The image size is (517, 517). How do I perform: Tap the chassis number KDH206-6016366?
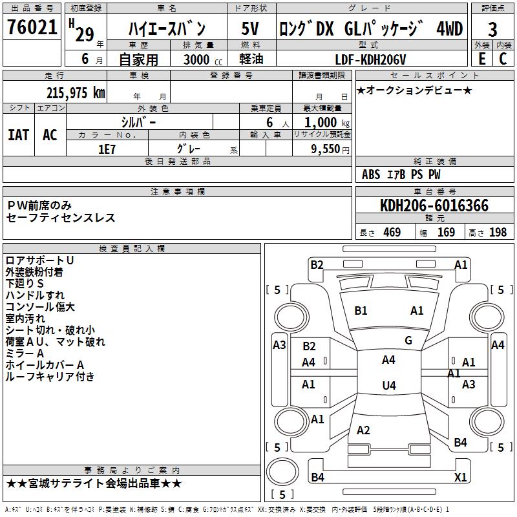[434, 206]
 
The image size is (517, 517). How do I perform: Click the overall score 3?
[492, 29]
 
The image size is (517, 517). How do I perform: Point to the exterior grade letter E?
[481, 58]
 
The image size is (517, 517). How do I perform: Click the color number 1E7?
[107, 148]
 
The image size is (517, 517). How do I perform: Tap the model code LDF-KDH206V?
[371, 59]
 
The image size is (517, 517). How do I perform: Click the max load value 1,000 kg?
[323, 121]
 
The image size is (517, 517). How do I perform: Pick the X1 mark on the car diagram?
[461, 478]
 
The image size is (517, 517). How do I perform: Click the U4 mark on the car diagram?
[388, 386]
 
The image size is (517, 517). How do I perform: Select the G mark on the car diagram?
[408, 341]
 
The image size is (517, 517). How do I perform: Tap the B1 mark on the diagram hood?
[361, 311]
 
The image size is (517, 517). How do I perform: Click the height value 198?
[498, 233]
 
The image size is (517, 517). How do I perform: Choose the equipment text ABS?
[371, 174]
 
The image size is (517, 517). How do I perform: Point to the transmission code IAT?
[18, 134]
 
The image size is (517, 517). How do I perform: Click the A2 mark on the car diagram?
[363, 430]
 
